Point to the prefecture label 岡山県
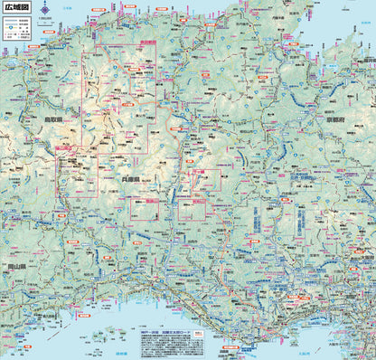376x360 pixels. tap(17, 267)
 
